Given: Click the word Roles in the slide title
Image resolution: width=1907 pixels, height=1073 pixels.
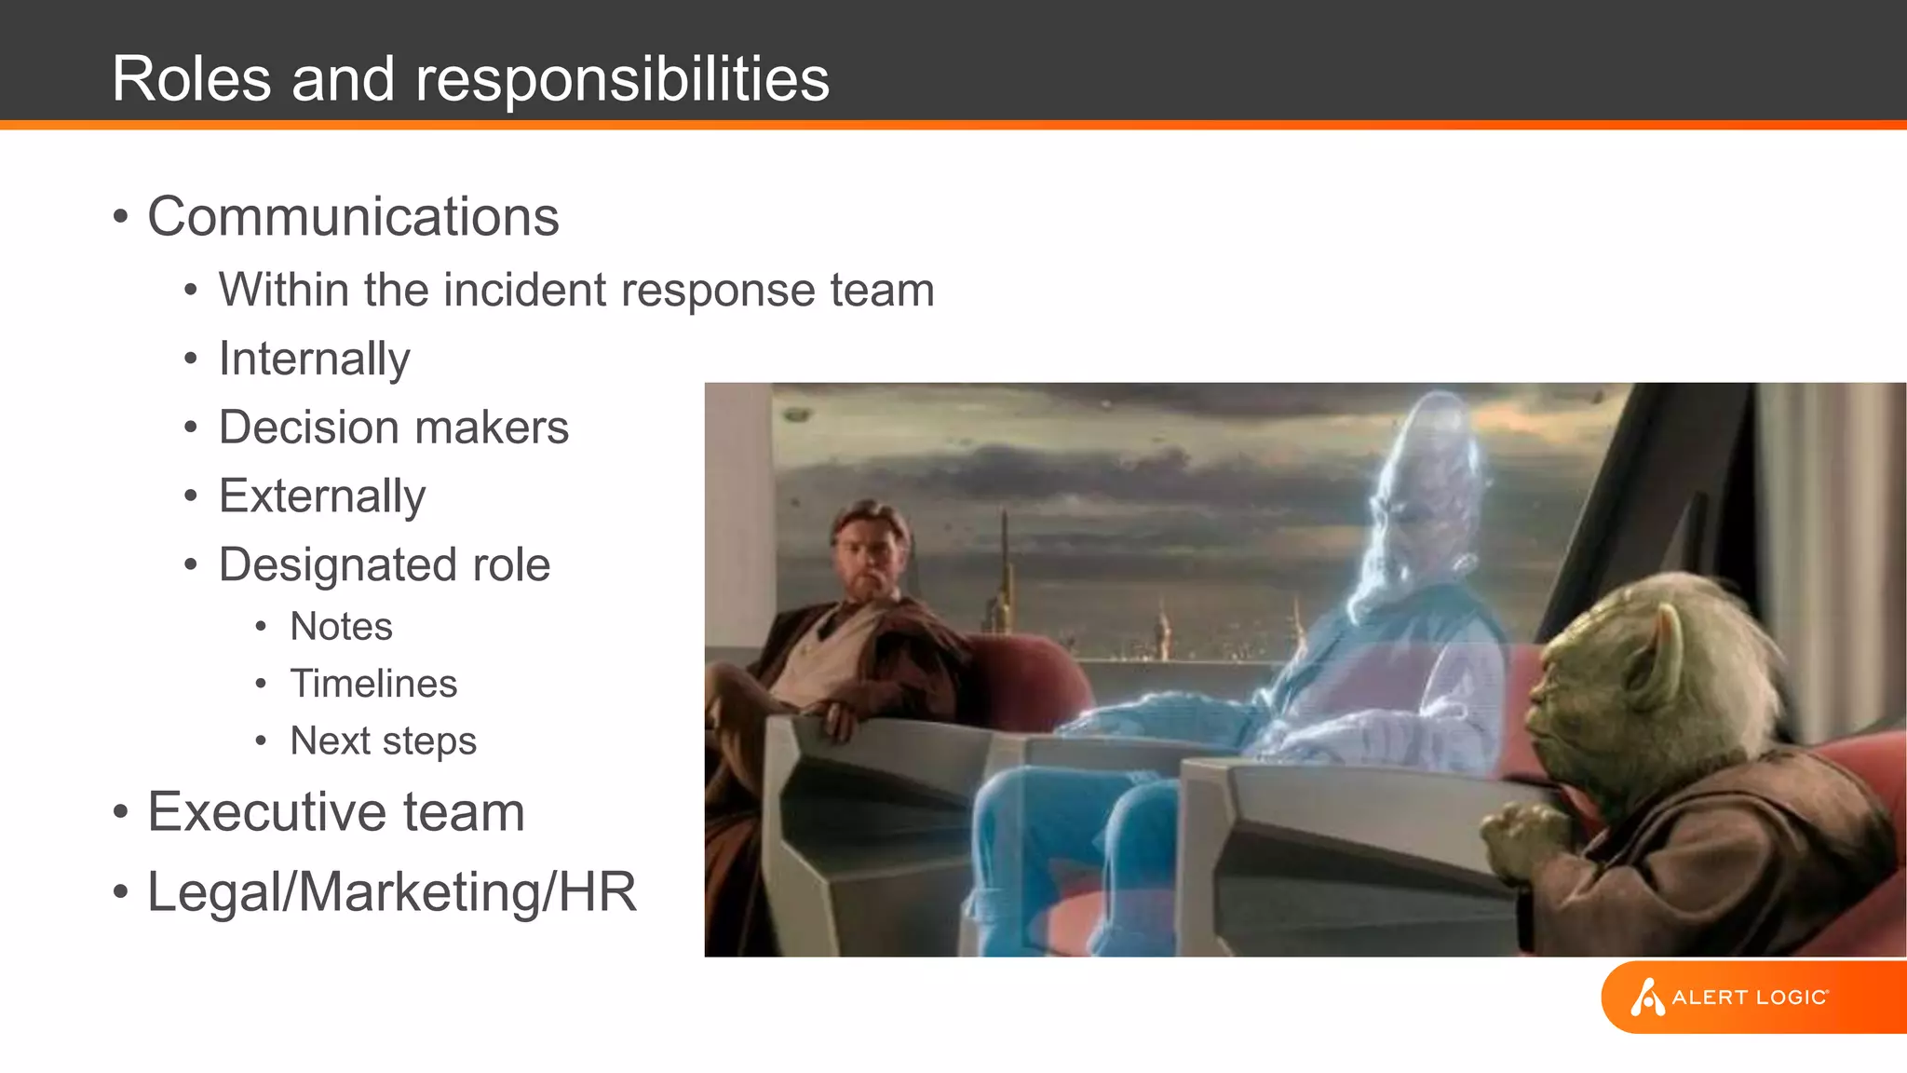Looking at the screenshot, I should pyautogui.click(x=191, y=78).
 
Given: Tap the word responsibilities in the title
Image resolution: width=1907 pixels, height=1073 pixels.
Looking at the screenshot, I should pyautogui.click(x=622, y=78).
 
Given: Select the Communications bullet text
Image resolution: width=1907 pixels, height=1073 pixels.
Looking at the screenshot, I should pyautogui.click(x=353, y=217).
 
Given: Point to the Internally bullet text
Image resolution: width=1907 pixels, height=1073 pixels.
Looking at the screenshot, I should pyautogui.click(x=314, y=360).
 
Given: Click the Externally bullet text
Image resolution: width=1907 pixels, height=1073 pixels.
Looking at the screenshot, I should pyautogui.click(x=322, y=496).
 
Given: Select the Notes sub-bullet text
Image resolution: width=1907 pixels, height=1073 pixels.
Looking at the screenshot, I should pyautogui.click(x=341, y=627).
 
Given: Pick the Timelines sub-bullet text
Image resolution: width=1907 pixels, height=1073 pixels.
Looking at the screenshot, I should pyautogui.click(x=373, y=684).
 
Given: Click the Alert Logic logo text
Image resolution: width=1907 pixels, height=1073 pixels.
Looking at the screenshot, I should pyautogui.click(x=1750, y=998).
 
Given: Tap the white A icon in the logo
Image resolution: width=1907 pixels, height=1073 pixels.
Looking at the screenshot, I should pyautogui.click(x=1646, y=998).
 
